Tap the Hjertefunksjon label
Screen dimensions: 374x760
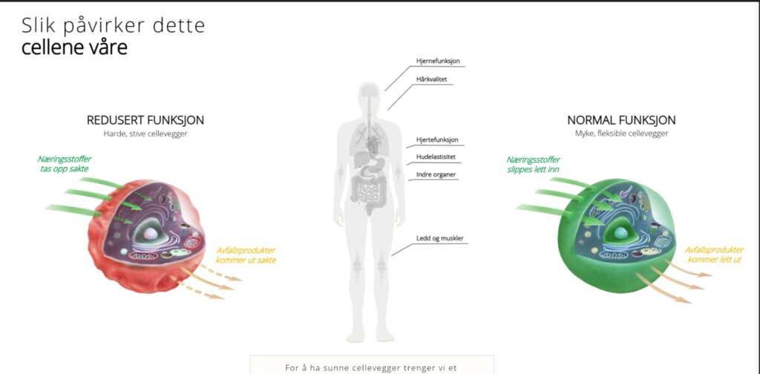pos(437,140)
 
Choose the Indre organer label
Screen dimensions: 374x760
pos(436,175)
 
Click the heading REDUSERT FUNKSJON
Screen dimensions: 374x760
pos(145,120)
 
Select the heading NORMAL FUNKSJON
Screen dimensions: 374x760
pos(621,120)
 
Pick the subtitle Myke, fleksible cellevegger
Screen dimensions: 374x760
pos(621,134)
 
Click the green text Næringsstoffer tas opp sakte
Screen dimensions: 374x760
pos(65,164)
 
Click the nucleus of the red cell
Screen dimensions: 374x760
pos(151,232)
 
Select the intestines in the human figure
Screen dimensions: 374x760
pos(367,194)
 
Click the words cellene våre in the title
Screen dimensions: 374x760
pos(74,47)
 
